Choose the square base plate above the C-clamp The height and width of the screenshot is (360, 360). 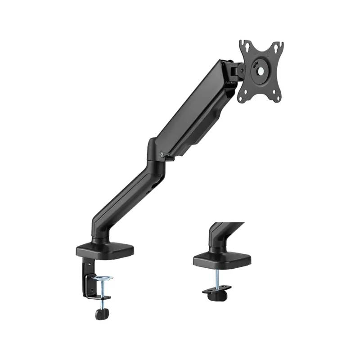click(104, 250)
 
